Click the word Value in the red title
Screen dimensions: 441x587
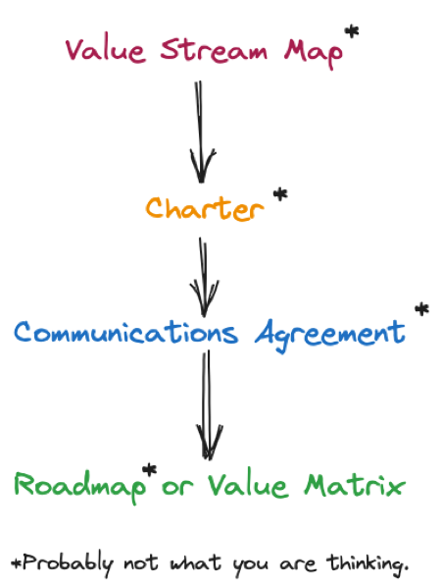(x=105, y=50)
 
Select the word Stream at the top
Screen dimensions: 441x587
(x=214, y=49)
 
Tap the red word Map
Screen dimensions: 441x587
(x=314, y=53)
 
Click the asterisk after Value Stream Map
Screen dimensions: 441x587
(x=351, y=31)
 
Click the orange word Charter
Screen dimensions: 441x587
(x=205, y=208)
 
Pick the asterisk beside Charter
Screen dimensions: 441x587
(x=280, y=195)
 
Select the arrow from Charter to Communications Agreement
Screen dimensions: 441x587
(x=204, y=277)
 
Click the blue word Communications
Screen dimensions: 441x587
(x=126, y=332)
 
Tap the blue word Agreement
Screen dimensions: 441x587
(x=330, y=335)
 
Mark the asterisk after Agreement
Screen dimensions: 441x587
(x=421, y=309)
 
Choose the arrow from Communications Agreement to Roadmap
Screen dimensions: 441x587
(x=209, y=405)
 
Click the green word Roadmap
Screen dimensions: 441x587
(x=80, y=487)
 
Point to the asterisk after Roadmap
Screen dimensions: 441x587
(x=150, y=470)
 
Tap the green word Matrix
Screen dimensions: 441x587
(x=355, y=485)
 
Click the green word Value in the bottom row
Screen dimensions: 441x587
(x=248, y=485)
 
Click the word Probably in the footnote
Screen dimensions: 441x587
(x=68, y=563)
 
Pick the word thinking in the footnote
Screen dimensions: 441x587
(x=367, y=564)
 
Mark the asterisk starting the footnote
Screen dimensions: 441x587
(x=17, y=562)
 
